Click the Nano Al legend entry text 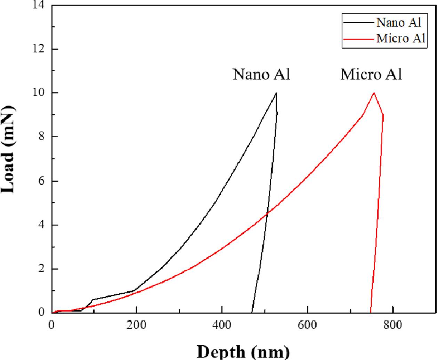tap(399, 23)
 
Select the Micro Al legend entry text tap(401, 38)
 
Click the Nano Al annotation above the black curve tap(261, 74)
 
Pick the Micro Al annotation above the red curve tap(371, 74)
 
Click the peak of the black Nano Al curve tap(276, 93)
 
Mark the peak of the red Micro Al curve tap(374, 93)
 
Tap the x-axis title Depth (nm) tap(243, 351)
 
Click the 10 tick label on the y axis tap(41, 93)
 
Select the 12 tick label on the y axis tap(41, 49)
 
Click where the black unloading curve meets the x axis tap(252, 312)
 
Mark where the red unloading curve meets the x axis tap(370, 312)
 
